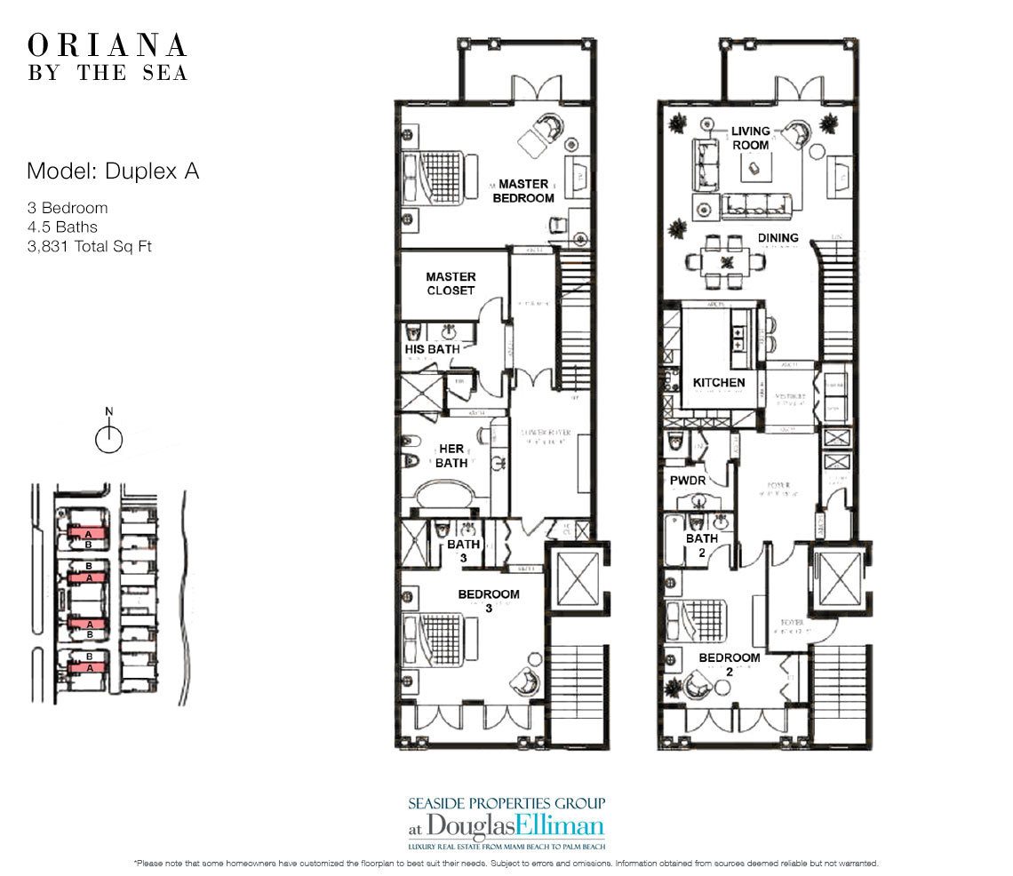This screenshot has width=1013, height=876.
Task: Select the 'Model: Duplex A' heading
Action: (113, 171)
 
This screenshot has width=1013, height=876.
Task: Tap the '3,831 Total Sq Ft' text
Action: (89, 246)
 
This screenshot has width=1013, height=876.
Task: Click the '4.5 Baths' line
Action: (62, 227)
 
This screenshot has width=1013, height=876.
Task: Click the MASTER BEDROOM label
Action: (523, 191)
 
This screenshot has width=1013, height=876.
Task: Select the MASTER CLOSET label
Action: (451, 283)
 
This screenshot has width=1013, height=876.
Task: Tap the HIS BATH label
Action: (432, 349)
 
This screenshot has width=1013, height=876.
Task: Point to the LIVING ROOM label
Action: (751, 139)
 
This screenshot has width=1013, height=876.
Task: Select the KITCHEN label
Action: (719, 383)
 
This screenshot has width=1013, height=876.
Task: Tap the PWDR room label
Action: (687, 481)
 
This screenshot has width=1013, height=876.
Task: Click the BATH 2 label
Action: (701, 545)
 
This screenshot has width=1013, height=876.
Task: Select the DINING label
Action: (778, 238)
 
